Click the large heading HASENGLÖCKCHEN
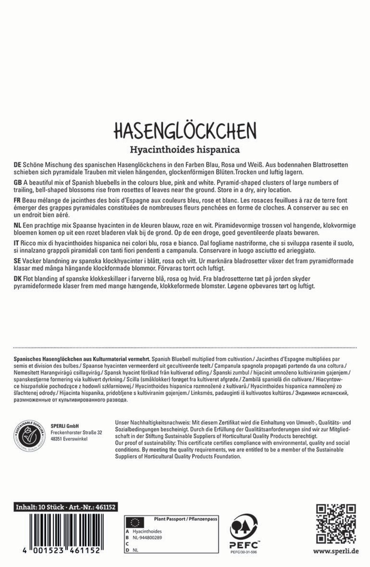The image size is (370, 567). point(185,131)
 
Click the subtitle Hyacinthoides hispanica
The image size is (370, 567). point(185,150)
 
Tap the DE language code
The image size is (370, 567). point(17,165)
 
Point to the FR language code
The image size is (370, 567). point(17,201)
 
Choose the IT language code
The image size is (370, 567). point(16,243)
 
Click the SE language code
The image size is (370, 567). point(17,261)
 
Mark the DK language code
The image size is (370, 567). point(17,279)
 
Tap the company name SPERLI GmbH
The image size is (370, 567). point(64,426)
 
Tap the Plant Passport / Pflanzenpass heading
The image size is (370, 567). point(185,519)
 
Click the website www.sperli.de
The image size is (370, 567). point(336,551)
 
